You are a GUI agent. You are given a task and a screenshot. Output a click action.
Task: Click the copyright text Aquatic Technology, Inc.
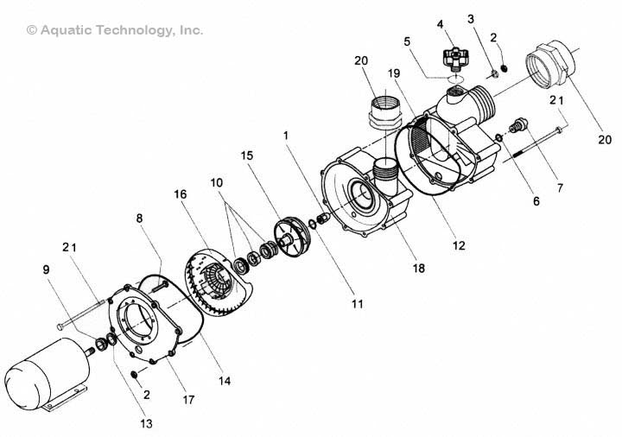(x=116, y=30)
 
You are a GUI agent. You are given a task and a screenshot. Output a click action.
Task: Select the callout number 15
(x=247, y=155)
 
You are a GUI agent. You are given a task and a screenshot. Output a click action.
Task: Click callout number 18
(x=419, y=269)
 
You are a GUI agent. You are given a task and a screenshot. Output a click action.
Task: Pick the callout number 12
(x=459, y=245)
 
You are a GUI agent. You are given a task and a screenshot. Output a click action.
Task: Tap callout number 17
(x=188, y=400)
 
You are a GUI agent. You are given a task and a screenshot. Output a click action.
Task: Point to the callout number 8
(x=139, y=219)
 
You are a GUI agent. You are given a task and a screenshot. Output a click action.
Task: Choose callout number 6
(x=535, y=202)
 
